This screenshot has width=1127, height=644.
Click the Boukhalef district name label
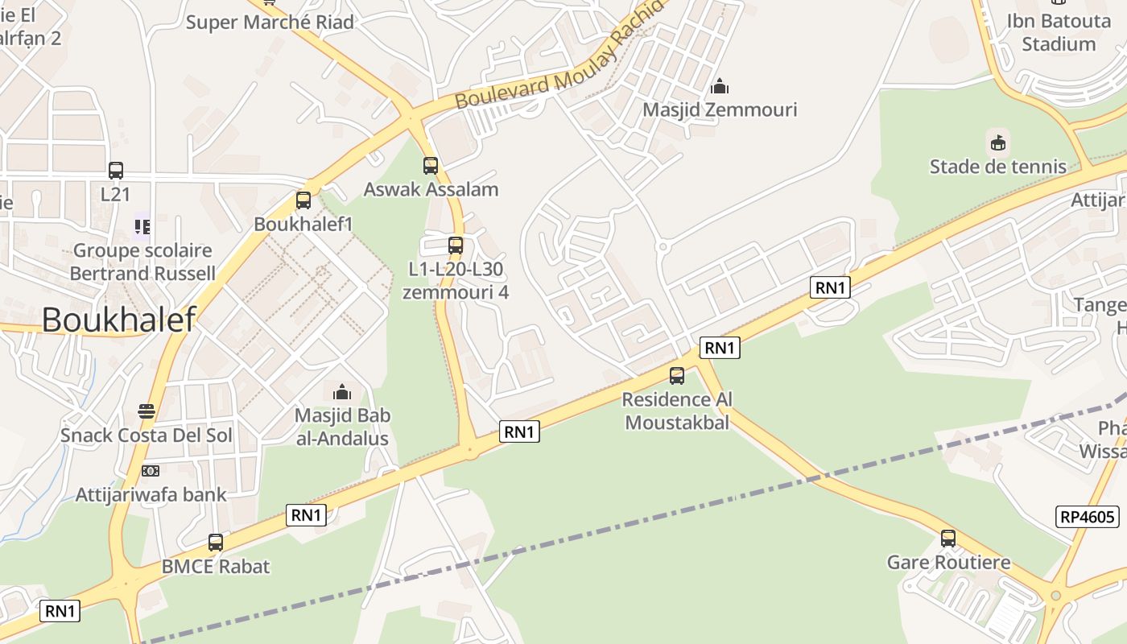(x=118, y=320)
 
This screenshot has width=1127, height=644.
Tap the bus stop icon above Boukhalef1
(x=303, y=200)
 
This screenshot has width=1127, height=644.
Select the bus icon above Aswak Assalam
(x=431, y=166)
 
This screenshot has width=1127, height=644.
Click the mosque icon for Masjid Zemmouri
(x=720, y=85)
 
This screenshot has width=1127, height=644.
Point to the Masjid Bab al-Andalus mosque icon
(x=342, y=392)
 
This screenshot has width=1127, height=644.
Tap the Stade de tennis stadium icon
(x=998, y=143)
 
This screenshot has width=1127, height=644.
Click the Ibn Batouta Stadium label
(x=1059, y=32)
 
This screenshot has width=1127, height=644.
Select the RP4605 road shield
(x=1087, y=516)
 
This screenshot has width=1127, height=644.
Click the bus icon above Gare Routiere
(x=948, y=538)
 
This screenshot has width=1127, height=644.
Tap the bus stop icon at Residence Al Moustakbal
(x=677, y=376)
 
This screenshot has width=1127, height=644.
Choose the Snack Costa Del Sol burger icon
(x=147, y=411)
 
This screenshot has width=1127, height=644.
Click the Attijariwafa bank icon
(x=151, y=471)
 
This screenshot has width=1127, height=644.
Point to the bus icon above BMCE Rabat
(x=216, y=543)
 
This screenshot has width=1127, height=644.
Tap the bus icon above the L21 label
(x=116, y=171)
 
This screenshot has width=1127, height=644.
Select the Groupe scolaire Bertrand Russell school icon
(x=142, y=227)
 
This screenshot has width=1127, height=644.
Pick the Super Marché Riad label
(x=270, y=22)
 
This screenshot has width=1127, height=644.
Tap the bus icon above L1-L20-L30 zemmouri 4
(x=456, y=245)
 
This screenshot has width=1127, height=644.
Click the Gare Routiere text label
(x=948, y=562)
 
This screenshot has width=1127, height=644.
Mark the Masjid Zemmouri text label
(x=720, y=109)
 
